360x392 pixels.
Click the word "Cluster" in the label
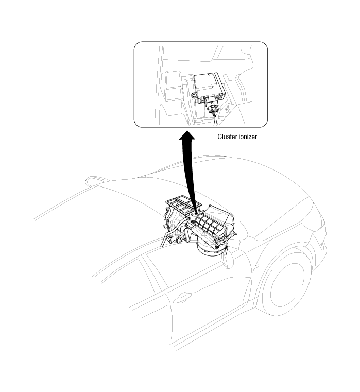[227, 137]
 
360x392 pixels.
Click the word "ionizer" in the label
[248, 137]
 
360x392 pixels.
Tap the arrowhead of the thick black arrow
[187, 135]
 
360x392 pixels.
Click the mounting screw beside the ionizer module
[194, 95]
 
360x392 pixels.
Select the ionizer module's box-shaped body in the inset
[210, 85]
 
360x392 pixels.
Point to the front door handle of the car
[182, 298]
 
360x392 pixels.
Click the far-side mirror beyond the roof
[96, 180]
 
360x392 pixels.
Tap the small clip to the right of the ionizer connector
[228, 110]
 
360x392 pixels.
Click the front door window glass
[195, 265]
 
